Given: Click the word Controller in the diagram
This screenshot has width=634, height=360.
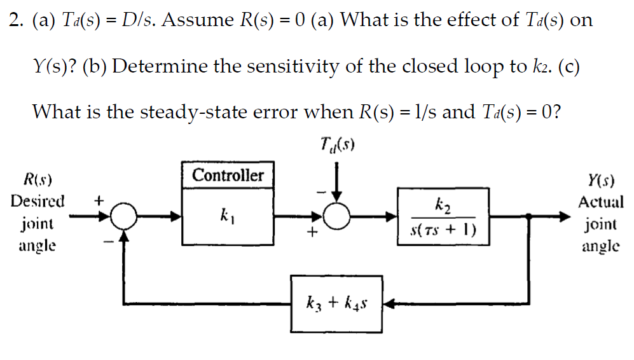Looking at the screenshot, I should point(228,176).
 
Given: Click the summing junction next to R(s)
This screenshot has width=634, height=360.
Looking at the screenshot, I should point(123,218).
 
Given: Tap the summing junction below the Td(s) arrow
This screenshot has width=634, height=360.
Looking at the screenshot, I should point(338,218).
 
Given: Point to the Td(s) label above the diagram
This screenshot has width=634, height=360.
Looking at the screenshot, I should point(337,147).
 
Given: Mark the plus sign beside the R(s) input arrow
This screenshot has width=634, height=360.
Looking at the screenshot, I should point(99,200).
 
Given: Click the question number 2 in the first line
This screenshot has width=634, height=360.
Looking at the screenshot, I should point(14,20).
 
